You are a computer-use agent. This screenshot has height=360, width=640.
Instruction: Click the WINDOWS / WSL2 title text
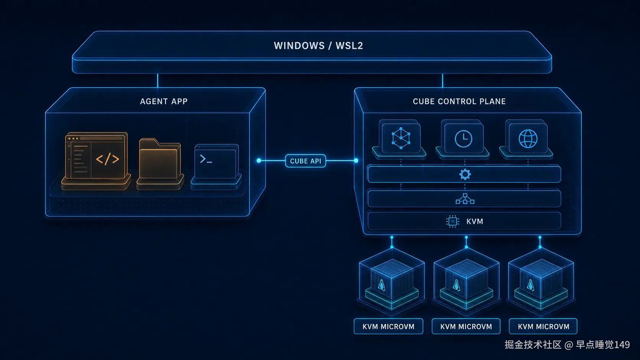coord(318,46)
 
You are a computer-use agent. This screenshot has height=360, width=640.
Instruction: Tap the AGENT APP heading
coord(164,101)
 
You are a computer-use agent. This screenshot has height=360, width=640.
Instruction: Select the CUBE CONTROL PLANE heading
coord(459,101)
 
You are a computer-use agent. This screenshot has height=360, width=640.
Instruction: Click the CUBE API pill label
coord(305,161)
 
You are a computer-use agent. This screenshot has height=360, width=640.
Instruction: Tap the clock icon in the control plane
coord(463,139)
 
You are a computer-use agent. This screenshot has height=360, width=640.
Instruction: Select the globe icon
coord(528,139)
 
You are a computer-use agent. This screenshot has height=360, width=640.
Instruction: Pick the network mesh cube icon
coord(401,138)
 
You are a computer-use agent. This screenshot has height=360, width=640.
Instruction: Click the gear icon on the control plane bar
coord(465,174)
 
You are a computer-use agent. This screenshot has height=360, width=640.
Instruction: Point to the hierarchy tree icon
coord(465,199)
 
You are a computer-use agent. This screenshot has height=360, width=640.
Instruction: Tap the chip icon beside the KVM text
coord(452,222)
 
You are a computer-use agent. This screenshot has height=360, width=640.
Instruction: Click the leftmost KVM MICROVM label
coord(388,327)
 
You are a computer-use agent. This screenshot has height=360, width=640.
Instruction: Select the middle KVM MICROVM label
coord(466,327)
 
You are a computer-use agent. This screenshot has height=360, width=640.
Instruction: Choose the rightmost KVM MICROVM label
coord(543,327)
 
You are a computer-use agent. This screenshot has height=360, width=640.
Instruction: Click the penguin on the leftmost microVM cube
coord(381,285)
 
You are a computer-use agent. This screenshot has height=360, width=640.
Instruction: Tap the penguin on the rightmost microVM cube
coord(531,285)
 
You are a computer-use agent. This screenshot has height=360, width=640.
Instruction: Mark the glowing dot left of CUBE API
coord(259,161)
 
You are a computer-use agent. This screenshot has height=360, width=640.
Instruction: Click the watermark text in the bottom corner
coord(567,345)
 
